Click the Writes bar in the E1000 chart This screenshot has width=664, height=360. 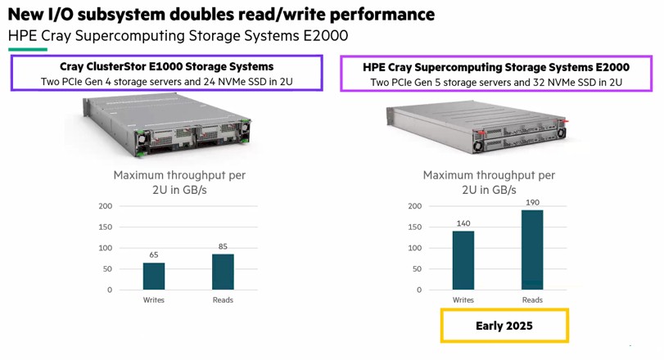coord(154,277)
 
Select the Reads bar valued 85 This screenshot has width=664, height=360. coord(223,272)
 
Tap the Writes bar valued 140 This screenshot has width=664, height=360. coord(463,260)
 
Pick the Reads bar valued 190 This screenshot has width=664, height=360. coord(532,250)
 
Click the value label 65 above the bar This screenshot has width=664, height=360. coord(154,254)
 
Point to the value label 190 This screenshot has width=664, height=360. coord(532,203)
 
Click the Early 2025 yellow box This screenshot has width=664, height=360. coord(504,326)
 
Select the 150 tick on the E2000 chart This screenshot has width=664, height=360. coord(415,227)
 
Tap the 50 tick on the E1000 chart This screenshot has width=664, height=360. coord(107,269)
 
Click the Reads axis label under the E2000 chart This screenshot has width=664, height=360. coord(532,300)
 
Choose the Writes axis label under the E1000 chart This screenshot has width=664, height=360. coord(154,300)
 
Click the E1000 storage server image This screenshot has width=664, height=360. coord(167,124)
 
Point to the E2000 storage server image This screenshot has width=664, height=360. coord(477,127)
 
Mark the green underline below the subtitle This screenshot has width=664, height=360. coord(28,50)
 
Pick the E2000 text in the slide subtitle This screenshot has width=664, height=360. coord(326,36)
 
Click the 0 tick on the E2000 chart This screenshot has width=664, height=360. coord(419,290)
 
